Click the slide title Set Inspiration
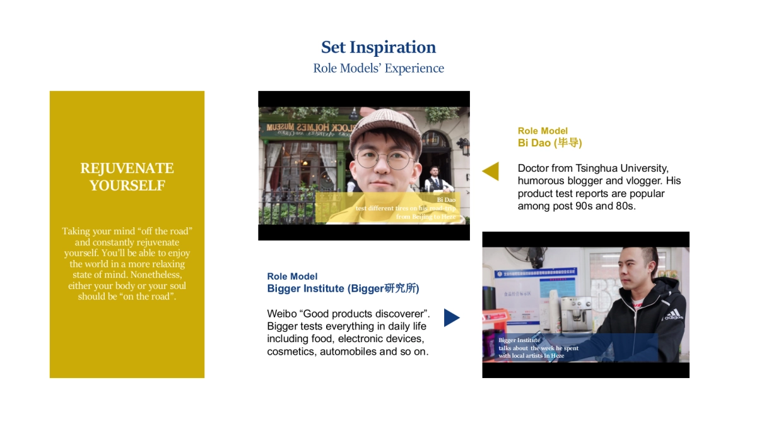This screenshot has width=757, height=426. pyautogui.click(x=378, y=47)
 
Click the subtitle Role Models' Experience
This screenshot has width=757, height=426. pyautogui.click(x=378, y=68)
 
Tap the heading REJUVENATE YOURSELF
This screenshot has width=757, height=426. pyautogui.click(x=127, y=177)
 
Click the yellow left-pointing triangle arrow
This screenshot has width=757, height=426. pyautogui.click(x=491, y=171)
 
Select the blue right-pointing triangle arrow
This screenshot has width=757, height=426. pyautogui.click(x=452, y=317)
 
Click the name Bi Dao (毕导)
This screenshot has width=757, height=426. pyautogui.click(x=549, y=143)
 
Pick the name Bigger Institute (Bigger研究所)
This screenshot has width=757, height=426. pyautogui.click(x=343, y=288)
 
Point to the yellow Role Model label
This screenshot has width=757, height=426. pyautogui.click(x=543, y=131)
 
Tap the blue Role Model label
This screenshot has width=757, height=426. pyautogui.click(x=292, y=276)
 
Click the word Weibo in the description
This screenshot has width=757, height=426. pyautogui.click(x=280, y=314)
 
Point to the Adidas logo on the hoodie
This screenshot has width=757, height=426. pyautogui.click(x=672, y=314)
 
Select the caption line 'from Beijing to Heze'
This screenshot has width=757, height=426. pyautogui.click(x=425, y=216)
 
